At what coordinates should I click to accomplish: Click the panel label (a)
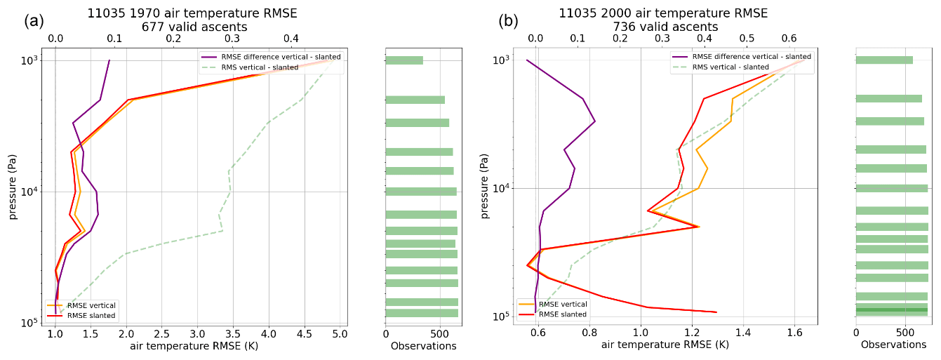[x=34, y=21]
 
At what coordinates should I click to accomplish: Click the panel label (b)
[x=508, y=21]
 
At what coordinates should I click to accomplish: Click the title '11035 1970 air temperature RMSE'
[x=192, y=13]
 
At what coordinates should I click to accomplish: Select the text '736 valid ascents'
[x=665, y=27]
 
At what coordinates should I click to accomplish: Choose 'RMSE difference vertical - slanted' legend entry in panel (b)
[x=751, y=57]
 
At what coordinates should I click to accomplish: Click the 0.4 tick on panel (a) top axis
[x=291, y=39]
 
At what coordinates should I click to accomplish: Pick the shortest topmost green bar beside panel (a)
[x=404, y=60]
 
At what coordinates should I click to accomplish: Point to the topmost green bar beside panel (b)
[x=884, y=60]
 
